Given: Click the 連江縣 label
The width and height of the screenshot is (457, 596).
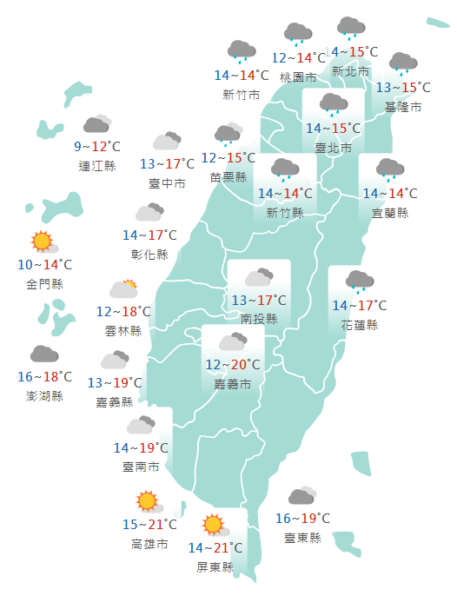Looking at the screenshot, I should (96, 166).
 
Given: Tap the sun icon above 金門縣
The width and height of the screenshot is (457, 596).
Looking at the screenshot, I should (42, 242).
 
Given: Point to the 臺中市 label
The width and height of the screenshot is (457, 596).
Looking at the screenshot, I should (167, 183).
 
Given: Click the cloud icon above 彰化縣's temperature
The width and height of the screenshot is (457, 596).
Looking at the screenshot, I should (149, 213).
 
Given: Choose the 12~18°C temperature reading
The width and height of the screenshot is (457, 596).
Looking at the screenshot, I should (123, 311).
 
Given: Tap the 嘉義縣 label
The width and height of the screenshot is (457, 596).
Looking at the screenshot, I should (115, 402).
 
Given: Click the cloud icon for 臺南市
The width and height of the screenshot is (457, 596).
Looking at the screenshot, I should (141, 426).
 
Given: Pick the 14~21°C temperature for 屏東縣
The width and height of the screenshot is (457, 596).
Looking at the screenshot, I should (215, 547).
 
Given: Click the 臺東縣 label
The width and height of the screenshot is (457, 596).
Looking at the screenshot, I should (302, 538).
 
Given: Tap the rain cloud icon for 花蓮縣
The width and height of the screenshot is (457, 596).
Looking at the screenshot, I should (359, 281).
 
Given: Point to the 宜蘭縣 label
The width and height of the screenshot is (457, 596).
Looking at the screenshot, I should (390, 213).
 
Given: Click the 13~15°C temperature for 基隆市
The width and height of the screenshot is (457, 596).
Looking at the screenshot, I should (403, 88).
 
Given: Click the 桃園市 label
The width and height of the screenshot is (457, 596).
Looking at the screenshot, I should (298, 77).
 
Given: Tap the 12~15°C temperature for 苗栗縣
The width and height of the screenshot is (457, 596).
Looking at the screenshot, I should (228, 157).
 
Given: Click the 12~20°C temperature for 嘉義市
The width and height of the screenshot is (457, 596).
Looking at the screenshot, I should (232, 364).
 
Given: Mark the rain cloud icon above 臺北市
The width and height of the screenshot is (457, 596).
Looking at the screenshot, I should (334, 105).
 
